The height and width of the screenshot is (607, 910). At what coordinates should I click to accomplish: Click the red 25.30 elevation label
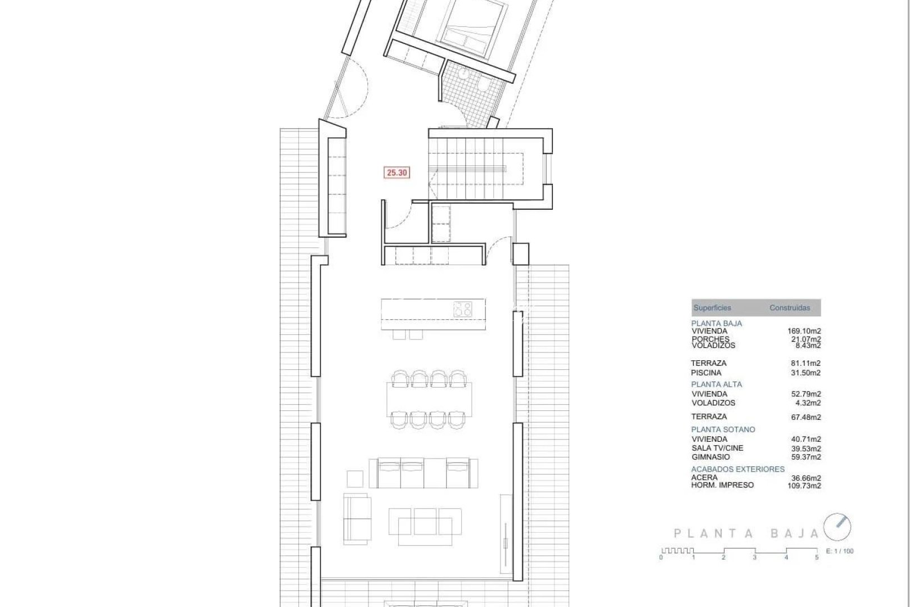397,173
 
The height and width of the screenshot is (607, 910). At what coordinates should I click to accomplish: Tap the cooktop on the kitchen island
463,310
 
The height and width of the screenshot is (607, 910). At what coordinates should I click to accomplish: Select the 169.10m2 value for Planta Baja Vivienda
804,332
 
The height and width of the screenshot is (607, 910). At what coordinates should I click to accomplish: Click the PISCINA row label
706,373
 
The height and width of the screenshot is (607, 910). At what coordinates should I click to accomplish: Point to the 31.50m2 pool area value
806,373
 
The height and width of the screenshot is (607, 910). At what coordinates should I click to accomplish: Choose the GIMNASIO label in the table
711,457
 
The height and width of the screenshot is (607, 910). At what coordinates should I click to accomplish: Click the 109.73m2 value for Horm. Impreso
804,486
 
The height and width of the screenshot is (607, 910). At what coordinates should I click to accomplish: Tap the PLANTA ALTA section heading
716,384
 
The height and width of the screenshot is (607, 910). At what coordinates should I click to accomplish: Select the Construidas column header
790,308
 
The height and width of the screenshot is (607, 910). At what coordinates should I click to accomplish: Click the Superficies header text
712,308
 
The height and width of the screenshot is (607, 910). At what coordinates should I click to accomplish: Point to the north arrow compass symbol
838,528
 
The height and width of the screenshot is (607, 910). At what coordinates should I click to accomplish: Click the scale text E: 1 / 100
840,551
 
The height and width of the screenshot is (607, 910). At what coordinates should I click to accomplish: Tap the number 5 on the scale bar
817,558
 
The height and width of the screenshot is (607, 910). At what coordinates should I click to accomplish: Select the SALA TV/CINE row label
717,448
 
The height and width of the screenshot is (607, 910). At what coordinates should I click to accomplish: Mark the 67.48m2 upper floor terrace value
806,417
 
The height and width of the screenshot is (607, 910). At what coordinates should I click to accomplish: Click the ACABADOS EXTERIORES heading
738,469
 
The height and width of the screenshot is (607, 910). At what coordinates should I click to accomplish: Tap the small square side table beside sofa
356,479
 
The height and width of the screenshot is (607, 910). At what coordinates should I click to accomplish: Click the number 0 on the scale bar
661,558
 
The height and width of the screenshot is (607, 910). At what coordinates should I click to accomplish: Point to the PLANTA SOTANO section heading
723,429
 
